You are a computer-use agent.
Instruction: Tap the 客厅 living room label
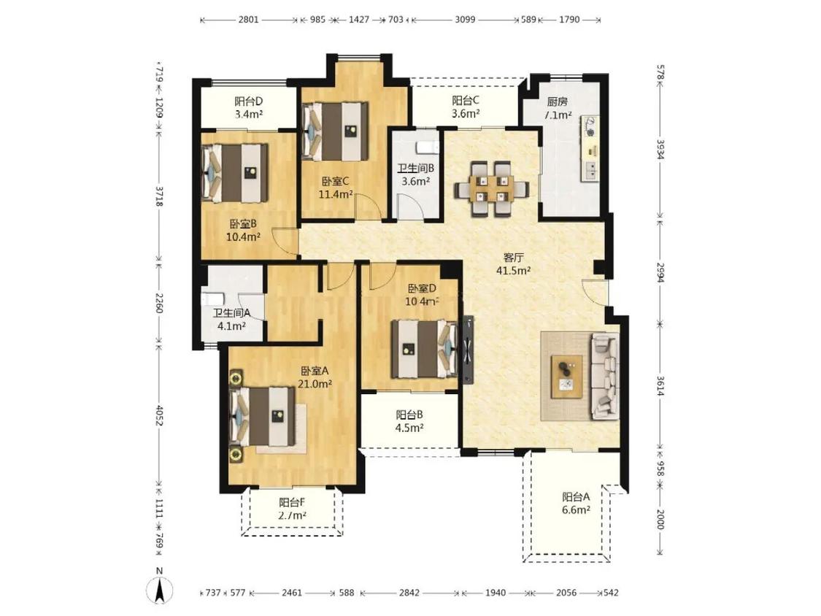pyautogui.click(x=514, y=258)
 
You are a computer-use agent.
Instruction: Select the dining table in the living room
pyautogui.click(x=491, y=188)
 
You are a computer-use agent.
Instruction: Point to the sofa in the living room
pyautogui.click(x=605, y=376)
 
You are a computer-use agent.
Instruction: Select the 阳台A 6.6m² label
pyautogui.click(x=576, y=503)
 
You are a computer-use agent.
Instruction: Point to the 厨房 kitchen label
pyautogui.click(x=557, y=101)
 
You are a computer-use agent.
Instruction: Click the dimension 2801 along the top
pyautogui.click(x=248, y=20)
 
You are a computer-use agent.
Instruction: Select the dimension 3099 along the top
pyautogui.click(x=465, y=20)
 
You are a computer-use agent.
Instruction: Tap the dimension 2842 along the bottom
pyautogui.click(x=409, y=593)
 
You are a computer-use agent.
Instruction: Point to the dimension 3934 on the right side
pyautogui.click(x=660, y=150)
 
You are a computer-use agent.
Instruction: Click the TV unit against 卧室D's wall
pyautogui.click(x=467, y=350)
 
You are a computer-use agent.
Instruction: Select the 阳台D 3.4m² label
pyautogui.click(x=249, y=107)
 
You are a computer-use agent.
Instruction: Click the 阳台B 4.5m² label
pyautogui.click(x=409, y=421)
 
